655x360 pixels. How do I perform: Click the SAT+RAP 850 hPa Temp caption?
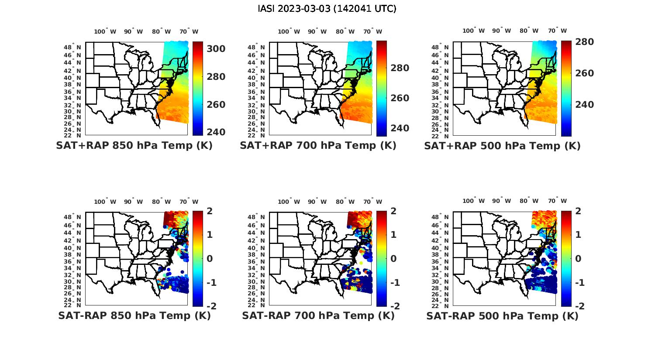tap(134, 146)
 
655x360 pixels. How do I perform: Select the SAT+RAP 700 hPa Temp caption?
tap(318, 146)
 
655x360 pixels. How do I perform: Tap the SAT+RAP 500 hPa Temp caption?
tap(502, 146)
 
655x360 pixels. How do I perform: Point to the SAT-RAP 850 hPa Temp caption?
tap(134, 315)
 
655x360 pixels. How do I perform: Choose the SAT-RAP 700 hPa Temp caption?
tap(318, 315)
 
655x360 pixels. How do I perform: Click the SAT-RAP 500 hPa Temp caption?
tap(502, 315)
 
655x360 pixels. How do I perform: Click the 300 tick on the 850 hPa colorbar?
tap(216, 49)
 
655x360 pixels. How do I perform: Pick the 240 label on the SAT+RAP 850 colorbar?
tap(216, 132)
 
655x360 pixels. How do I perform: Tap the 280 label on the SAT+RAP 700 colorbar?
tap(400, 68)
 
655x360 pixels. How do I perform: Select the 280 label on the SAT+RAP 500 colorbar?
tap(584, 42)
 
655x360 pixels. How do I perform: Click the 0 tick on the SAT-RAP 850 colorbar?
tap(209, 258)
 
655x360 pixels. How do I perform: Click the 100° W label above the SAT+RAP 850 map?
tap(105, 31)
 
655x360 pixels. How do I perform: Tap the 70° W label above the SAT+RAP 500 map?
tap(557, 31)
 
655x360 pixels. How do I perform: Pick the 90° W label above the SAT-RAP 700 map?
tap(317, 202)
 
